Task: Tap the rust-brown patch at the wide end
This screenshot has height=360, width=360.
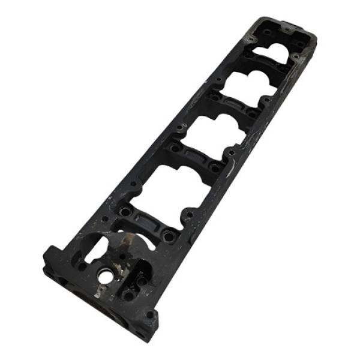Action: point(127,244)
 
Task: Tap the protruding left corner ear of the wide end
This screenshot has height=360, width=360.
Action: point(50,254)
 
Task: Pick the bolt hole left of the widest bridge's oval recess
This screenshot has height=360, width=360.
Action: point(125,212)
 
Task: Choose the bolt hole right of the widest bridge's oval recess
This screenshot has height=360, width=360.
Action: point(170,237)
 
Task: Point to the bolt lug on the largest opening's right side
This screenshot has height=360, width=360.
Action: point(190,214)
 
